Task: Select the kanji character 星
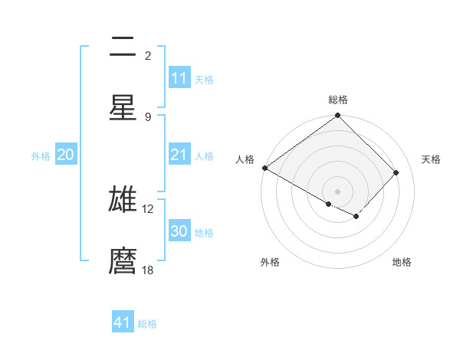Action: pyautogui.click(x=123, y=107)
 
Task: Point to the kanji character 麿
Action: pyautogui.click(x=123, y=260)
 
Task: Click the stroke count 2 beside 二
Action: pyautogui.click(x=148, y=55)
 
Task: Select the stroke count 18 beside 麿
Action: pyautogui.click(x=148, y=270)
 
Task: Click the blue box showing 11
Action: pyautogui.click(x=179, y=78)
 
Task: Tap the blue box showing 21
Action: pyautogui.click(x=179, y=155)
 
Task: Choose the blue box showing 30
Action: pyautogui.click(x=179, y=231)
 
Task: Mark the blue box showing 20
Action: pyautogui.click(x=66, y=155)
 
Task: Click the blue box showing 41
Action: pyautogui.click(x=123, y=322)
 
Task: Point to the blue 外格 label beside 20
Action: pyautogui.click(x=41, y=156)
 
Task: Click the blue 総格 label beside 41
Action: pyautogui.click(x=147, y=324)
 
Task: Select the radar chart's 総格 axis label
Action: pyautogui.click(x=338, y=100)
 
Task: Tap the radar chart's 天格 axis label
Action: pyautogui.click(x=432, y=159)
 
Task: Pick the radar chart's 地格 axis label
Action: pyautogui.click(x=402, y=263)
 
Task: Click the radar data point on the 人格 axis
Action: pyautogui.click(x=264, y=168)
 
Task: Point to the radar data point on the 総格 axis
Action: pyautogui.click(x=337, y=116)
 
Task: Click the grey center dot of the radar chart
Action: pyautogui.click(x=337, y=191)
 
